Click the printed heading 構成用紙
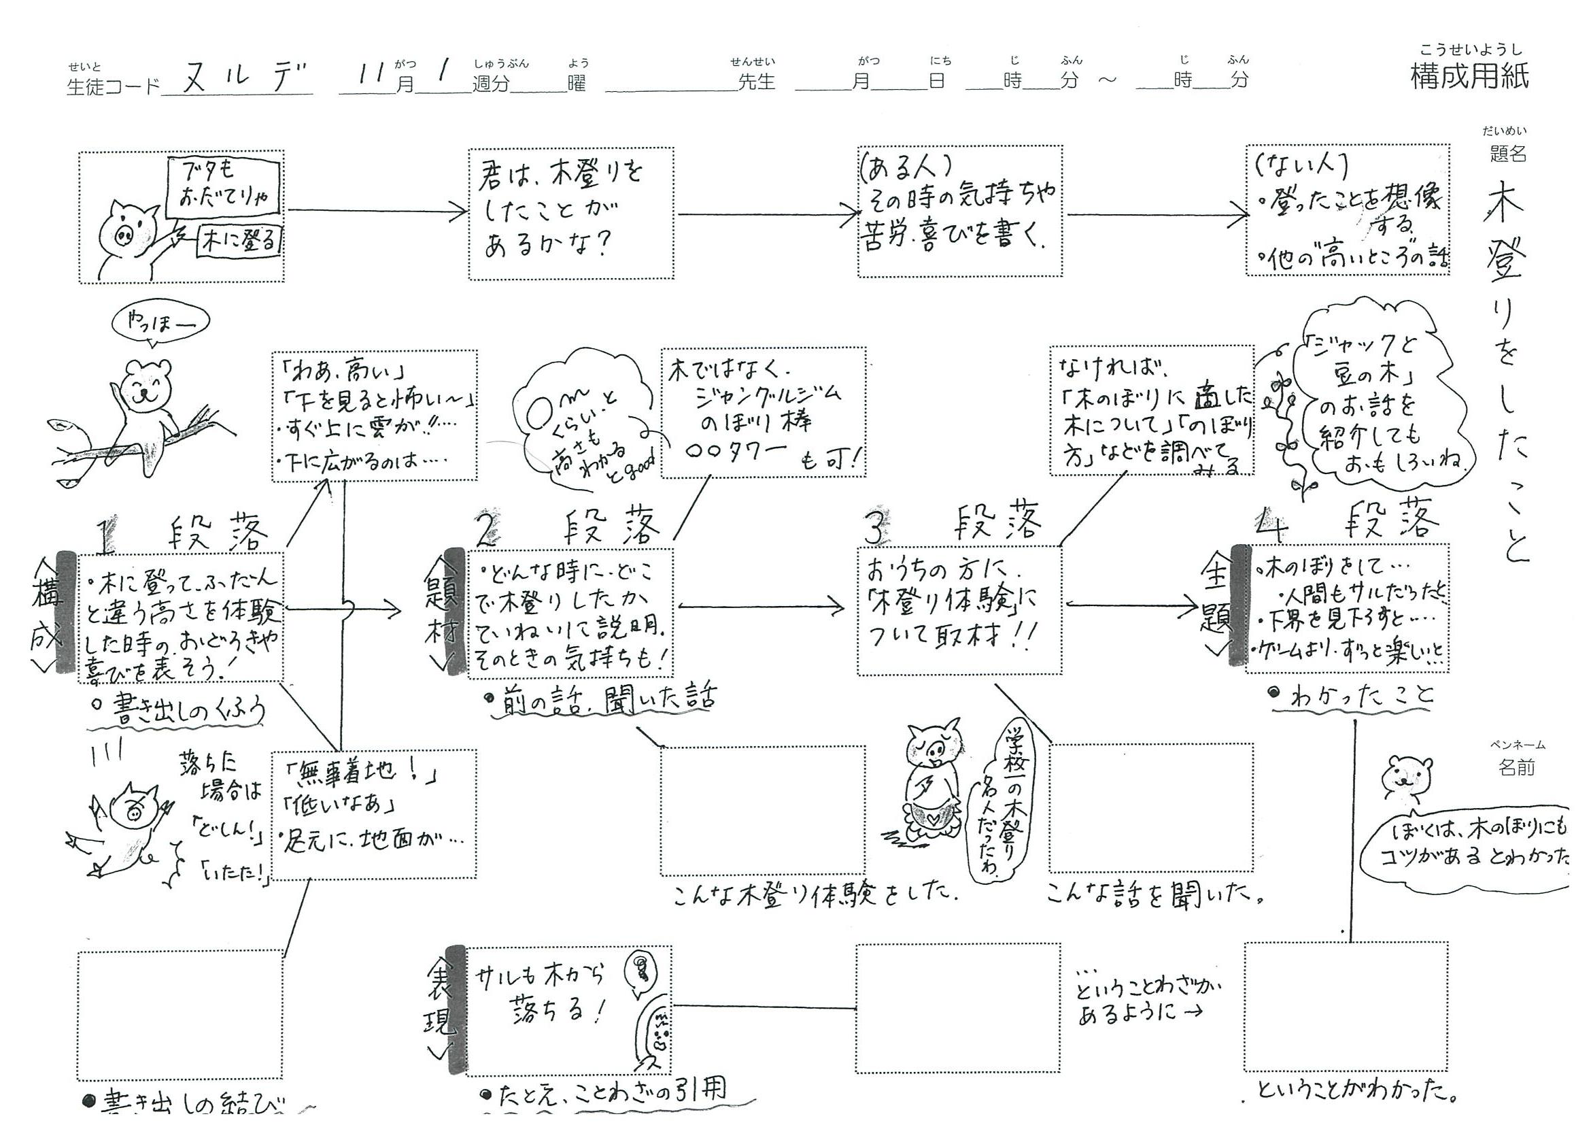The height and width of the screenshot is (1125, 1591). [1469, 76]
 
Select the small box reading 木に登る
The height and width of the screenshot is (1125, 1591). [240, 240]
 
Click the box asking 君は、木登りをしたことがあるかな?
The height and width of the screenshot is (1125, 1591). [570, 214]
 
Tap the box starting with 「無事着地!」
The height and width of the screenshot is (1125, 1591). [373, 813]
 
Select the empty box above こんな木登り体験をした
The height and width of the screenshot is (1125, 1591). [762, 809]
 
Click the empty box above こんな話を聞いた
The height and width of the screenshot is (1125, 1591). [1150, 807]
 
